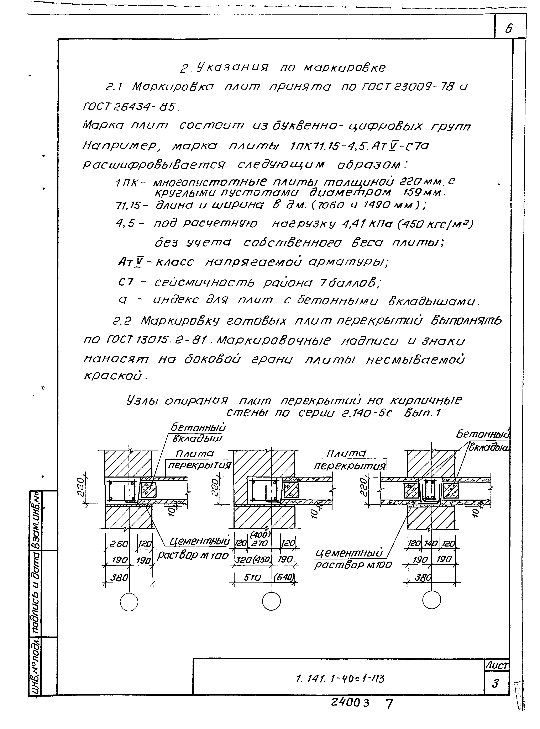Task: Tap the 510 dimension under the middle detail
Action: (x=252, y=578)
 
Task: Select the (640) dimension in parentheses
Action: (x=284, y=578)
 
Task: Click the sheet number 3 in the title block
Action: (x=496, y=683)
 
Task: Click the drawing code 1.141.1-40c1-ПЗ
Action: (x=340, y=679)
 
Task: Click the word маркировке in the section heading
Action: (x=344, y=68)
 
